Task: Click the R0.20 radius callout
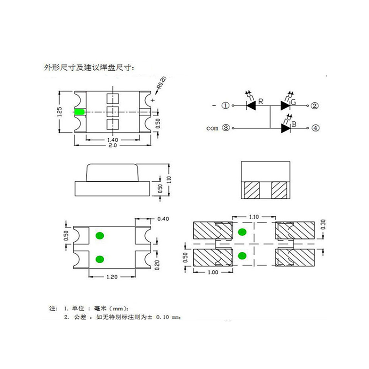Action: point(162,83)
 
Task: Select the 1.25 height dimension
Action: point(60,112)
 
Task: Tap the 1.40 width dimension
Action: point(113,140)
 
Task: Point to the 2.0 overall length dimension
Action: point(113,145)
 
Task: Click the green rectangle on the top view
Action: point(79,112)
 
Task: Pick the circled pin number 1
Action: point(226,106)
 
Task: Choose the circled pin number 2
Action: point(315,106)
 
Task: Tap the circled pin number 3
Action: point(226,128)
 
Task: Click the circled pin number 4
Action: point(315,128)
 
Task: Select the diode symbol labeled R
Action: point(251,106)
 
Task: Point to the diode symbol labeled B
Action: point(286,128)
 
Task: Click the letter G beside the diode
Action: point(293,102)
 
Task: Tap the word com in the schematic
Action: point(212,128)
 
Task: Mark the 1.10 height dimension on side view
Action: point(169,180)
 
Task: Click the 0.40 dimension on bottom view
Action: point(163,219)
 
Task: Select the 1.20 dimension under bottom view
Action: point(112,277)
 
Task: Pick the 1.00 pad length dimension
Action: point(213,272)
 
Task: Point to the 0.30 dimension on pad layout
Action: point(323,225)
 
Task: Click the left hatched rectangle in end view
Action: point(252,190)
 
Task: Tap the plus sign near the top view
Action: point(153,100)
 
